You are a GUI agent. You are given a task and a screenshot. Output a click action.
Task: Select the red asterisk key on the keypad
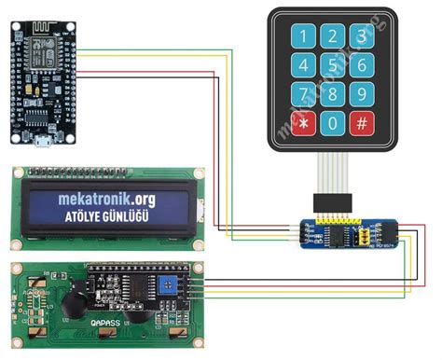pyautogui.click(x=303, y=123)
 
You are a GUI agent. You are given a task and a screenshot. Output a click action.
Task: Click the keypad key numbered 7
pyautogui.click(x=303, y=94)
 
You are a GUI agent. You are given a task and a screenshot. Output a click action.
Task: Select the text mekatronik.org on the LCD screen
pyautogui.click(x=107, y=201)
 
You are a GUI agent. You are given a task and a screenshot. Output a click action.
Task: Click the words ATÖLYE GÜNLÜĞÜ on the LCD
pyautogui.click(x=107, y=220)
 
